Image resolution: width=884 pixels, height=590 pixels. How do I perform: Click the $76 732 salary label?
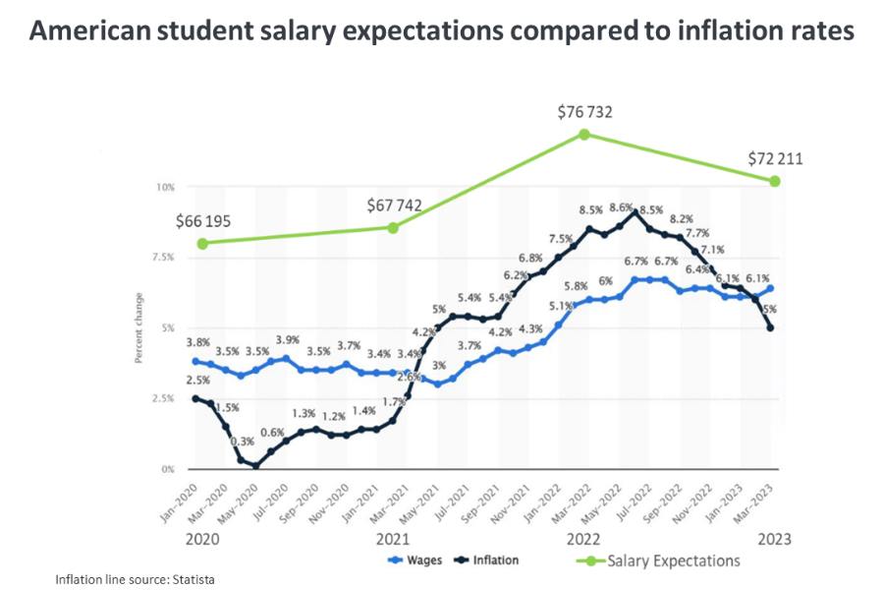[584, 112]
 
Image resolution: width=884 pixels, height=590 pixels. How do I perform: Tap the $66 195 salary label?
[203, 221]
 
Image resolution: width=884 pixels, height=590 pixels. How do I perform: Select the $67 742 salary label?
[393, 206]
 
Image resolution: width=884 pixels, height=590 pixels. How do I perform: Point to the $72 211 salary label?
[776, 158]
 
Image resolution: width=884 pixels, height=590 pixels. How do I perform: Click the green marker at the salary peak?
[584, 134]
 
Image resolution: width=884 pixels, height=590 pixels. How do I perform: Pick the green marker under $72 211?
[775, 181]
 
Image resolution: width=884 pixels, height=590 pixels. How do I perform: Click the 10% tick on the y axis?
[166, 187]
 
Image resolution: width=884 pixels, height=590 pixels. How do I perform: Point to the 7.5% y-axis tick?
[164, 257]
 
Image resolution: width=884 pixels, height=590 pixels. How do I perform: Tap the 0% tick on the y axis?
[168, 469]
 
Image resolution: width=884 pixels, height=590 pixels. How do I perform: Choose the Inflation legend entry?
[491, 560]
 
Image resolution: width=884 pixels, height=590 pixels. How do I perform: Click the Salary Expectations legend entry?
[667, 560]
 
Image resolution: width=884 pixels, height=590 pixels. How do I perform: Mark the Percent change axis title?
[139, 328]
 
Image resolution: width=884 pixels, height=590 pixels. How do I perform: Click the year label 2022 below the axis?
[584, 539]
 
